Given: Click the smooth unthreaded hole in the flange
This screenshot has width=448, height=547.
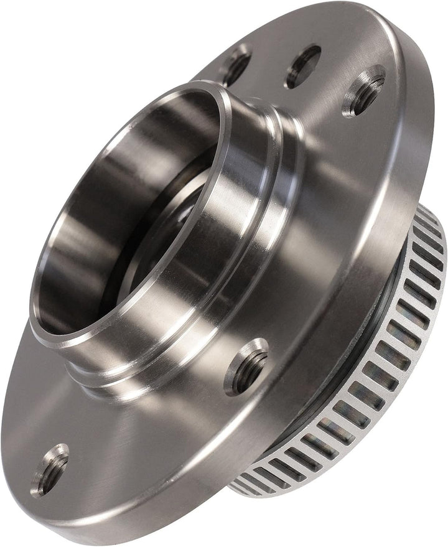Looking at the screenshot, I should coord(303,66).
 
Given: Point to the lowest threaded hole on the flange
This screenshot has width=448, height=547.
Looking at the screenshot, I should coord(50,469).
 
